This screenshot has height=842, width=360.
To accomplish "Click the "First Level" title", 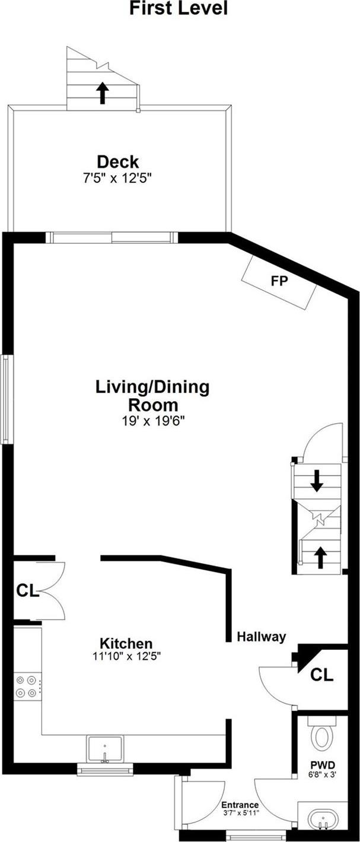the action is [x=179, y=8].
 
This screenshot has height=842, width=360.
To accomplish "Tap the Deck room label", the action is [x=117, y=161].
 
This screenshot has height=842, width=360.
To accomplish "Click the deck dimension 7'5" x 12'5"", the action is [x=117, y=178].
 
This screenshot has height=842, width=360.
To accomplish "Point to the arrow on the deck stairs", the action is [x=102, y=93].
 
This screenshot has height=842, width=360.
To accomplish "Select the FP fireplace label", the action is [x=279, y=281].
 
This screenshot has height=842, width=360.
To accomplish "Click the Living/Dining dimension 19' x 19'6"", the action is [x=154, y=421].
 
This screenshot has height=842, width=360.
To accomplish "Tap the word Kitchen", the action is [x=126, y=643].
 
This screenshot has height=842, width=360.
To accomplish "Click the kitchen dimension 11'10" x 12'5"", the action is [x=127, y=656].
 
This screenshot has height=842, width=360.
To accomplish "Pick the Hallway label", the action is [x=261, y=636].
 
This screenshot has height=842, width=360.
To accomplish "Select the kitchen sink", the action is [x=105, y=749].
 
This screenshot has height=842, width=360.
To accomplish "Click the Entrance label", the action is [x=240, y=812].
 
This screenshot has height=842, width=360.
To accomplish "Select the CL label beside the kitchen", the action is [x=27, y=591].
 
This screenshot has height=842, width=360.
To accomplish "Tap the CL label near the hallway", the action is [x=321, y=675].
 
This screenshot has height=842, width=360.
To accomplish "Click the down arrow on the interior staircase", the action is [x=317, y=481].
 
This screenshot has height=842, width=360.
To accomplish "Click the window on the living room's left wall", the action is [x=6, y=399].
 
